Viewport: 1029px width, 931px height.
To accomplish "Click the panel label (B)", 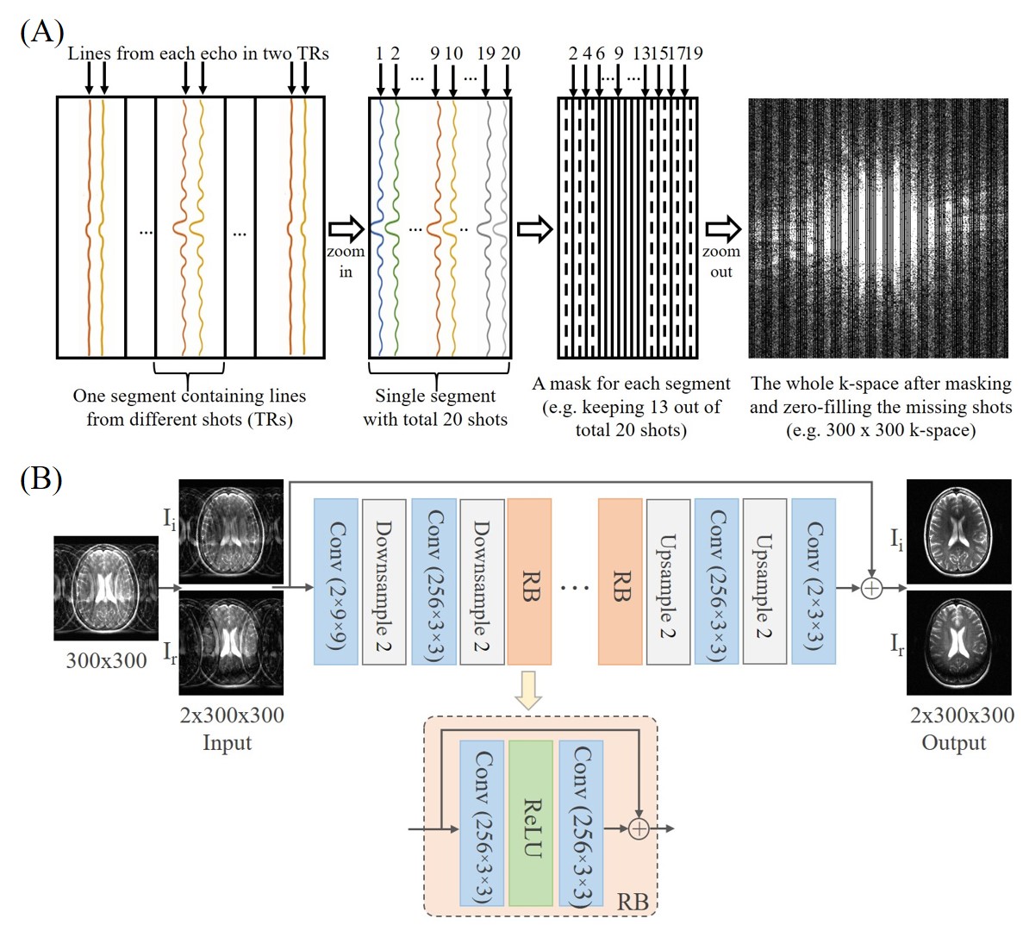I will [41, 478].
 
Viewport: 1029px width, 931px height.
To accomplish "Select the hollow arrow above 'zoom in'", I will [346, 229].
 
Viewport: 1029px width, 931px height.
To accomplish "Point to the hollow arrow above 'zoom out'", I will [722, 229].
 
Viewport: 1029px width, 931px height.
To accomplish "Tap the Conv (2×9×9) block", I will [336, 581].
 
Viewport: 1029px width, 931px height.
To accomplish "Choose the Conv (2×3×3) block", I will [813, 581].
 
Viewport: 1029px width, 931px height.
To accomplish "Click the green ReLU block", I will [531, 823].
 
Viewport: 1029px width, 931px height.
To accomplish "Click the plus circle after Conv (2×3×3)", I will [872, 588].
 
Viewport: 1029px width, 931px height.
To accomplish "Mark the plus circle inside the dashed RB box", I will [639, 828].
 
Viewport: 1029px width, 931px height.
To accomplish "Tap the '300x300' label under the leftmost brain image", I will [107, 661].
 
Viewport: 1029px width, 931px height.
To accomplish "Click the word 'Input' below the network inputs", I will [228, 742].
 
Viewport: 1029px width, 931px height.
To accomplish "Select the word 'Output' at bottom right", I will [953, 742].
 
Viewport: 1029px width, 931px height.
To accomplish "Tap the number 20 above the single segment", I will [510, 53].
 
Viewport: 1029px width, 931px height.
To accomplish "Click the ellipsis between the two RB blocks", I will [575, 588].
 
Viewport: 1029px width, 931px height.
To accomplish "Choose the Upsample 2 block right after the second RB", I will [668, 581].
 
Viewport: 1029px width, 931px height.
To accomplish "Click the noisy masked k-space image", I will [877, 228].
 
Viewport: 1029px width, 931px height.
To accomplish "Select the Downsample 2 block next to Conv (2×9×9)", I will [384, 581].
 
